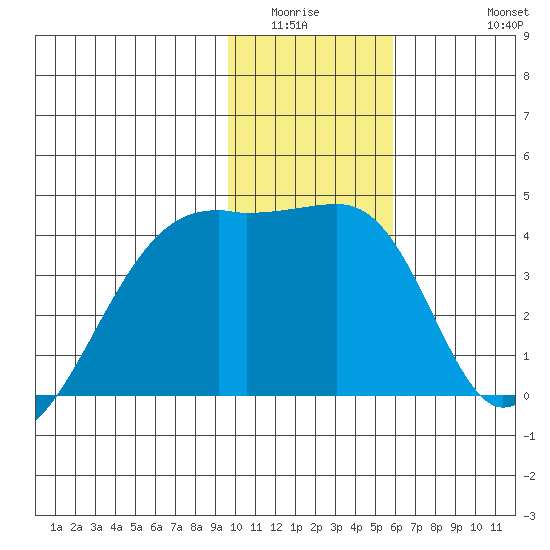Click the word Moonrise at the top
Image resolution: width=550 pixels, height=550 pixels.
click(295, 12)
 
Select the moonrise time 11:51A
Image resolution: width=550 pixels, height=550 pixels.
click(289, 25)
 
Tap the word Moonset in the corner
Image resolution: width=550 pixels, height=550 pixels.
click(508, 12)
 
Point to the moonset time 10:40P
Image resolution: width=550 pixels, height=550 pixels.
click(505, 25)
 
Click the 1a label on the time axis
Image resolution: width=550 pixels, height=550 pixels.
click(56, 527)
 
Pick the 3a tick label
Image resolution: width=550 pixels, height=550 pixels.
click(96, 527)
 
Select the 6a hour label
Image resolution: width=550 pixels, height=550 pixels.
click(156, 527)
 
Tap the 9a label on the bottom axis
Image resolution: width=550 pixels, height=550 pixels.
click(216, 527)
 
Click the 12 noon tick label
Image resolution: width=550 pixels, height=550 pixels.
click(276, 527)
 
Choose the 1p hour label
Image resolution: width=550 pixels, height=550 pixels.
click(296, 527)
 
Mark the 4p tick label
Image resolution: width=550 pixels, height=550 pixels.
click(356, 527)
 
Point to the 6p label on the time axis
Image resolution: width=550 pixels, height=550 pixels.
click(396, 527)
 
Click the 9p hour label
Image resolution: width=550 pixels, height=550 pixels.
click(456, 527)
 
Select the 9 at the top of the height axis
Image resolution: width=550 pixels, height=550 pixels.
click(526, 36)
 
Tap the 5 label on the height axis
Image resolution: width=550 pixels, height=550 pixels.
click(526, 196)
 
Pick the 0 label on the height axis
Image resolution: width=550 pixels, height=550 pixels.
click(526, 396)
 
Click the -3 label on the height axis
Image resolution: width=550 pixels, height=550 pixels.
click(529, 516)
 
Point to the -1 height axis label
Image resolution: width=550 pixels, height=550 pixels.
click(529, 436)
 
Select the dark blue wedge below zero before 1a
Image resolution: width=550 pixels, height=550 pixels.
click(43, 403)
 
